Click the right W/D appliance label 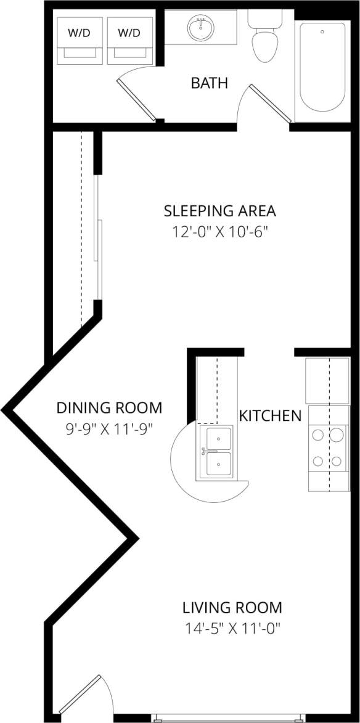128,33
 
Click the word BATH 209,83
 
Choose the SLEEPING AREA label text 219,211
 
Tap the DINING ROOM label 109,407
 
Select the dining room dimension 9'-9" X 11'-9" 109,428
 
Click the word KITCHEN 270,415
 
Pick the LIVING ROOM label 232,608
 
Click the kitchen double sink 218,452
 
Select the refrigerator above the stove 327,380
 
